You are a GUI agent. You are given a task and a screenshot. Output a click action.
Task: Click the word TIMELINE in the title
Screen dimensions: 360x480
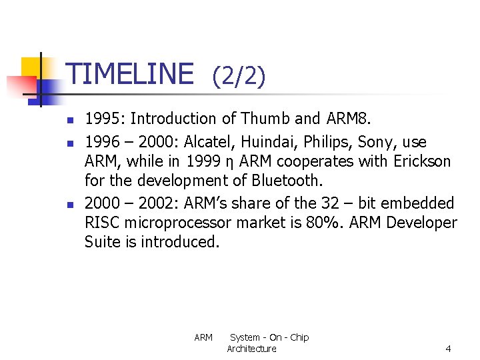tap(131, 73)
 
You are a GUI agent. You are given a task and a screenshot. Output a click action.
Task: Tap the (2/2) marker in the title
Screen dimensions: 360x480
tap(239, 77)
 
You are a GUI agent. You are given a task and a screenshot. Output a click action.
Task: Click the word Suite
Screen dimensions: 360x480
tap(103, 241)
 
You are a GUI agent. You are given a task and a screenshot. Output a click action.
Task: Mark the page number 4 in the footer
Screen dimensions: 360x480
tap(448, 349)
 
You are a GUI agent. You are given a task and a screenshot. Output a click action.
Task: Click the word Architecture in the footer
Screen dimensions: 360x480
tap(251, 349)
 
